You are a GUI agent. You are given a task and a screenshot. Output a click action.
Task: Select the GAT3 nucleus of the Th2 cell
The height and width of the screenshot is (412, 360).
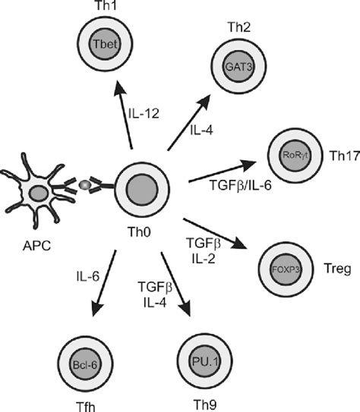point(233,65)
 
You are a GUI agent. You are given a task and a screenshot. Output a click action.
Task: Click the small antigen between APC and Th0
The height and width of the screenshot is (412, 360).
point(86,185)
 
